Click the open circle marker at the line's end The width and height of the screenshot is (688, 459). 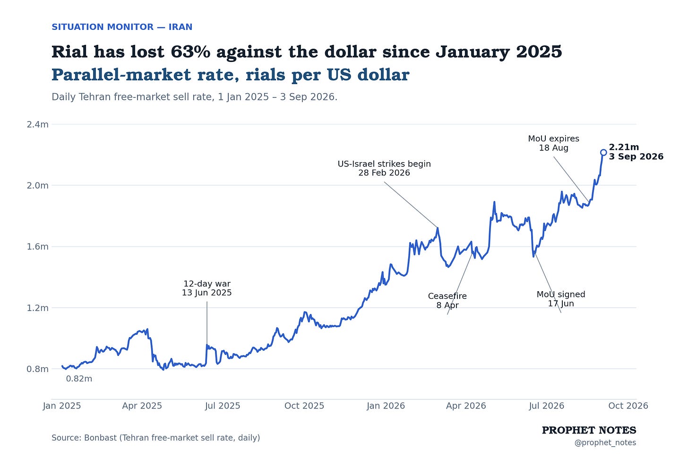click(603, 152)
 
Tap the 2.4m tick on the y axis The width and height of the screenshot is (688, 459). click(37, 124)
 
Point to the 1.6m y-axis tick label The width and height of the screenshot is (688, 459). click(37, 247)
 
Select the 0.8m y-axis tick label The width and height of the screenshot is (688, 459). click(37, 369)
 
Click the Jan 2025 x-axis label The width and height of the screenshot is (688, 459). click(62, 406)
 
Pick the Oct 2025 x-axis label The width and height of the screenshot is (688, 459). click(304, 406)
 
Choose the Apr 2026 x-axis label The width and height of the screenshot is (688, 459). click(466, 406)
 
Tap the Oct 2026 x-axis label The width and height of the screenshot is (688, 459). click(628, 406)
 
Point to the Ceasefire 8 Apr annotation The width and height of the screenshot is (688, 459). click(447, 301)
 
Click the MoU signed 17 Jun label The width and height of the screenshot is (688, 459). click(561, 299)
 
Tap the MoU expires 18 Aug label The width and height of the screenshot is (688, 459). click(553, 143)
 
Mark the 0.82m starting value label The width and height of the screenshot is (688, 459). click(79, 379)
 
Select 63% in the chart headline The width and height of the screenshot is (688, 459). click(190, 52)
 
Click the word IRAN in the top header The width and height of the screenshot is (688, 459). click(181, 27)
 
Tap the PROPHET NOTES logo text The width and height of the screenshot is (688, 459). click(589, 430)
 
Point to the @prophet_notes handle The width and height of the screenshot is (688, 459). click(605, 443)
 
